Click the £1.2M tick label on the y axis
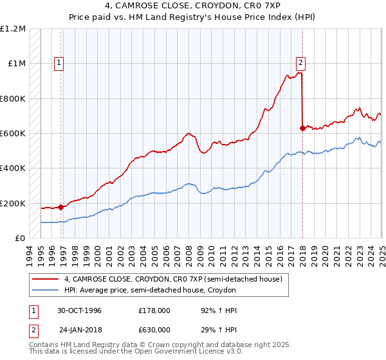click(14, 29)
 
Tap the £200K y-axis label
click(13, 203)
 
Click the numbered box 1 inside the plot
click(59, 63)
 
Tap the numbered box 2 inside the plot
click(300, 63)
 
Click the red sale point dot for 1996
click(61, 207)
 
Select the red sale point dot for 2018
click(302, 128)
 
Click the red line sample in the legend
click(45, 279)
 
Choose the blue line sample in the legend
click(45, 291)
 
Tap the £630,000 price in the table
click(154, 328)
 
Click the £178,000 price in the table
click(154, 310)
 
